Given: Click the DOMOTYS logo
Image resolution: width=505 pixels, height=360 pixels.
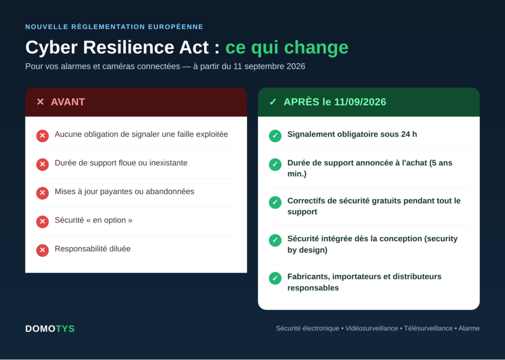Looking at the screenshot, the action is [x=50, y=329].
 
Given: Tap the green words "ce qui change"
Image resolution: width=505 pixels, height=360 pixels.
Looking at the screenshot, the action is [x=287, y=48].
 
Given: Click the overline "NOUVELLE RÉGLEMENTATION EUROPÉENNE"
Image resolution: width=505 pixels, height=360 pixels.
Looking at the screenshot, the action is [x=114, y=27].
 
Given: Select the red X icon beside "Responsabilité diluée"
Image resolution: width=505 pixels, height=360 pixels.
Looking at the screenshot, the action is [x=42, y=250].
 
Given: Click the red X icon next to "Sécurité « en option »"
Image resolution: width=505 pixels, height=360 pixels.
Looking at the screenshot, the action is [x=42, y=221].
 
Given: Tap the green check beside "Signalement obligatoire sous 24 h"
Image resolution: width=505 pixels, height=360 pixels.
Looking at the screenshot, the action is [x=275, y=136].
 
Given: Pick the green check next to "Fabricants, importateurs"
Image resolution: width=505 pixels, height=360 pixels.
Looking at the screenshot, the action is [x=275, y=278].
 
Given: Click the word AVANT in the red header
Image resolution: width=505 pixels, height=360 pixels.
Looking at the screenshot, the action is [x=68, y=102].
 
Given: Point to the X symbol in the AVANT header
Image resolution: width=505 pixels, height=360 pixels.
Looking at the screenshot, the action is [x=40, y=102].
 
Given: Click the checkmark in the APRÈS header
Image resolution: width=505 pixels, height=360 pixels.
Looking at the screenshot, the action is [x=273, y=102].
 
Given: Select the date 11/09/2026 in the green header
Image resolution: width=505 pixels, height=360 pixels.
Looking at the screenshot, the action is [x=360, y=102].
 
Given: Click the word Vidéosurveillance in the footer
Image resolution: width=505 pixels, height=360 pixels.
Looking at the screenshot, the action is [x=372, y=328].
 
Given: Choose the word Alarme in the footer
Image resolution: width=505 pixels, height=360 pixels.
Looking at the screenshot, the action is [x=469, y=328].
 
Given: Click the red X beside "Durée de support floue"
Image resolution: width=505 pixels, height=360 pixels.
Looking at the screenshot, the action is [x=42, y=164].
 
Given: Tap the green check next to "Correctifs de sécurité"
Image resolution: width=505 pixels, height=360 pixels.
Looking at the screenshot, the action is [x=275, y=202].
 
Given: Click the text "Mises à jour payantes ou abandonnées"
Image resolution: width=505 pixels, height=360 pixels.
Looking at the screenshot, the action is [x=124, y=192].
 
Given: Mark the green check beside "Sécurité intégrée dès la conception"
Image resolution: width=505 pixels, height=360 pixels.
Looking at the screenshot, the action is [x=275, y=240].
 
